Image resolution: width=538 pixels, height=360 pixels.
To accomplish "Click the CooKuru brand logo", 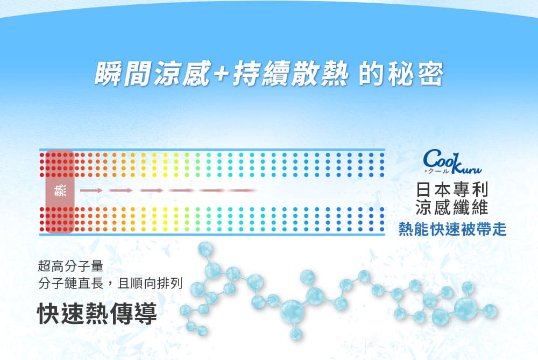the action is tap(452, 161).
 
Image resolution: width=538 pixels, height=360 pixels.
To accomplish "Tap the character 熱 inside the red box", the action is tap(60, 191).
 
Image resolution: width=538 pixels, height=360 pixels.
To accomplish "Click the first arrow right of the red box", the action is tap(91, 190).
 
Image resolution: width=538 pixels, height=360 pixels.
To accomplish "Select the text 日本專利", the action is tap(452, 190).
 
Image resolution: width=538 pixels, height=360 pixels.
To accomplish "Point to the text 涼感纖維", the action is tap(452, 207).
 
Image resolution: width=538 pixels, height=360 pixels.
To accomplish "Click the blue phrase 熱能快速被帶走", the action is tap(452, 229).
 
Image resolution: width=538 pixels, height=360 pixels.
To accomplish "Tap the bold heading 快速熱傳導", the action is tap(97, 313).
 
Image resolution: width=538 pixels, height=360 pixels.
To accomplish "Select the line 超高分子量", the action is tap(70, 266).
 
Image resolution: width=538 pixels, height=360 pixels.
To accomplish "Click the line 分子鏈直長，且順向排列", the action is tap(110, 284).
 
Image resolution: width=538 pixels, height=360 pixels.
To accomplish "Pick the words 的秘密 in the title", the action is tap(401, 73).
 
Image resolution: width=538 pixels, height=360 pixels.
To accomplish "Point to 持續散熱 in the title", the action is tap(291, 73).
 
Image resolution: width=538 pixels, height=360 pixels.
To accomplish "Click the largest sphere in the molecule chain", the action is tap(292, 311).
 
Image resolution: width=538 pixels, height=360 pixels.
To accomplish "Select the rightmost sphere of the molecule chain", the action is tap(489, 311).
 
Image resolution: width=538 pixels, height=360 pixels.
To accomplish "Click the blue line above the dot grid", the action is tap(212, 150).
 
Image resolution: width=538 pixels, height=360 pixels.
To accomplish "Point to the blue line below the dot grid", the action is tap(212, 235).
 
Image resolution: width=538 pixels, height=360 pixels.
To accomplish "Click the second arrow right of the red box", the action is tap(121, 190).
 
